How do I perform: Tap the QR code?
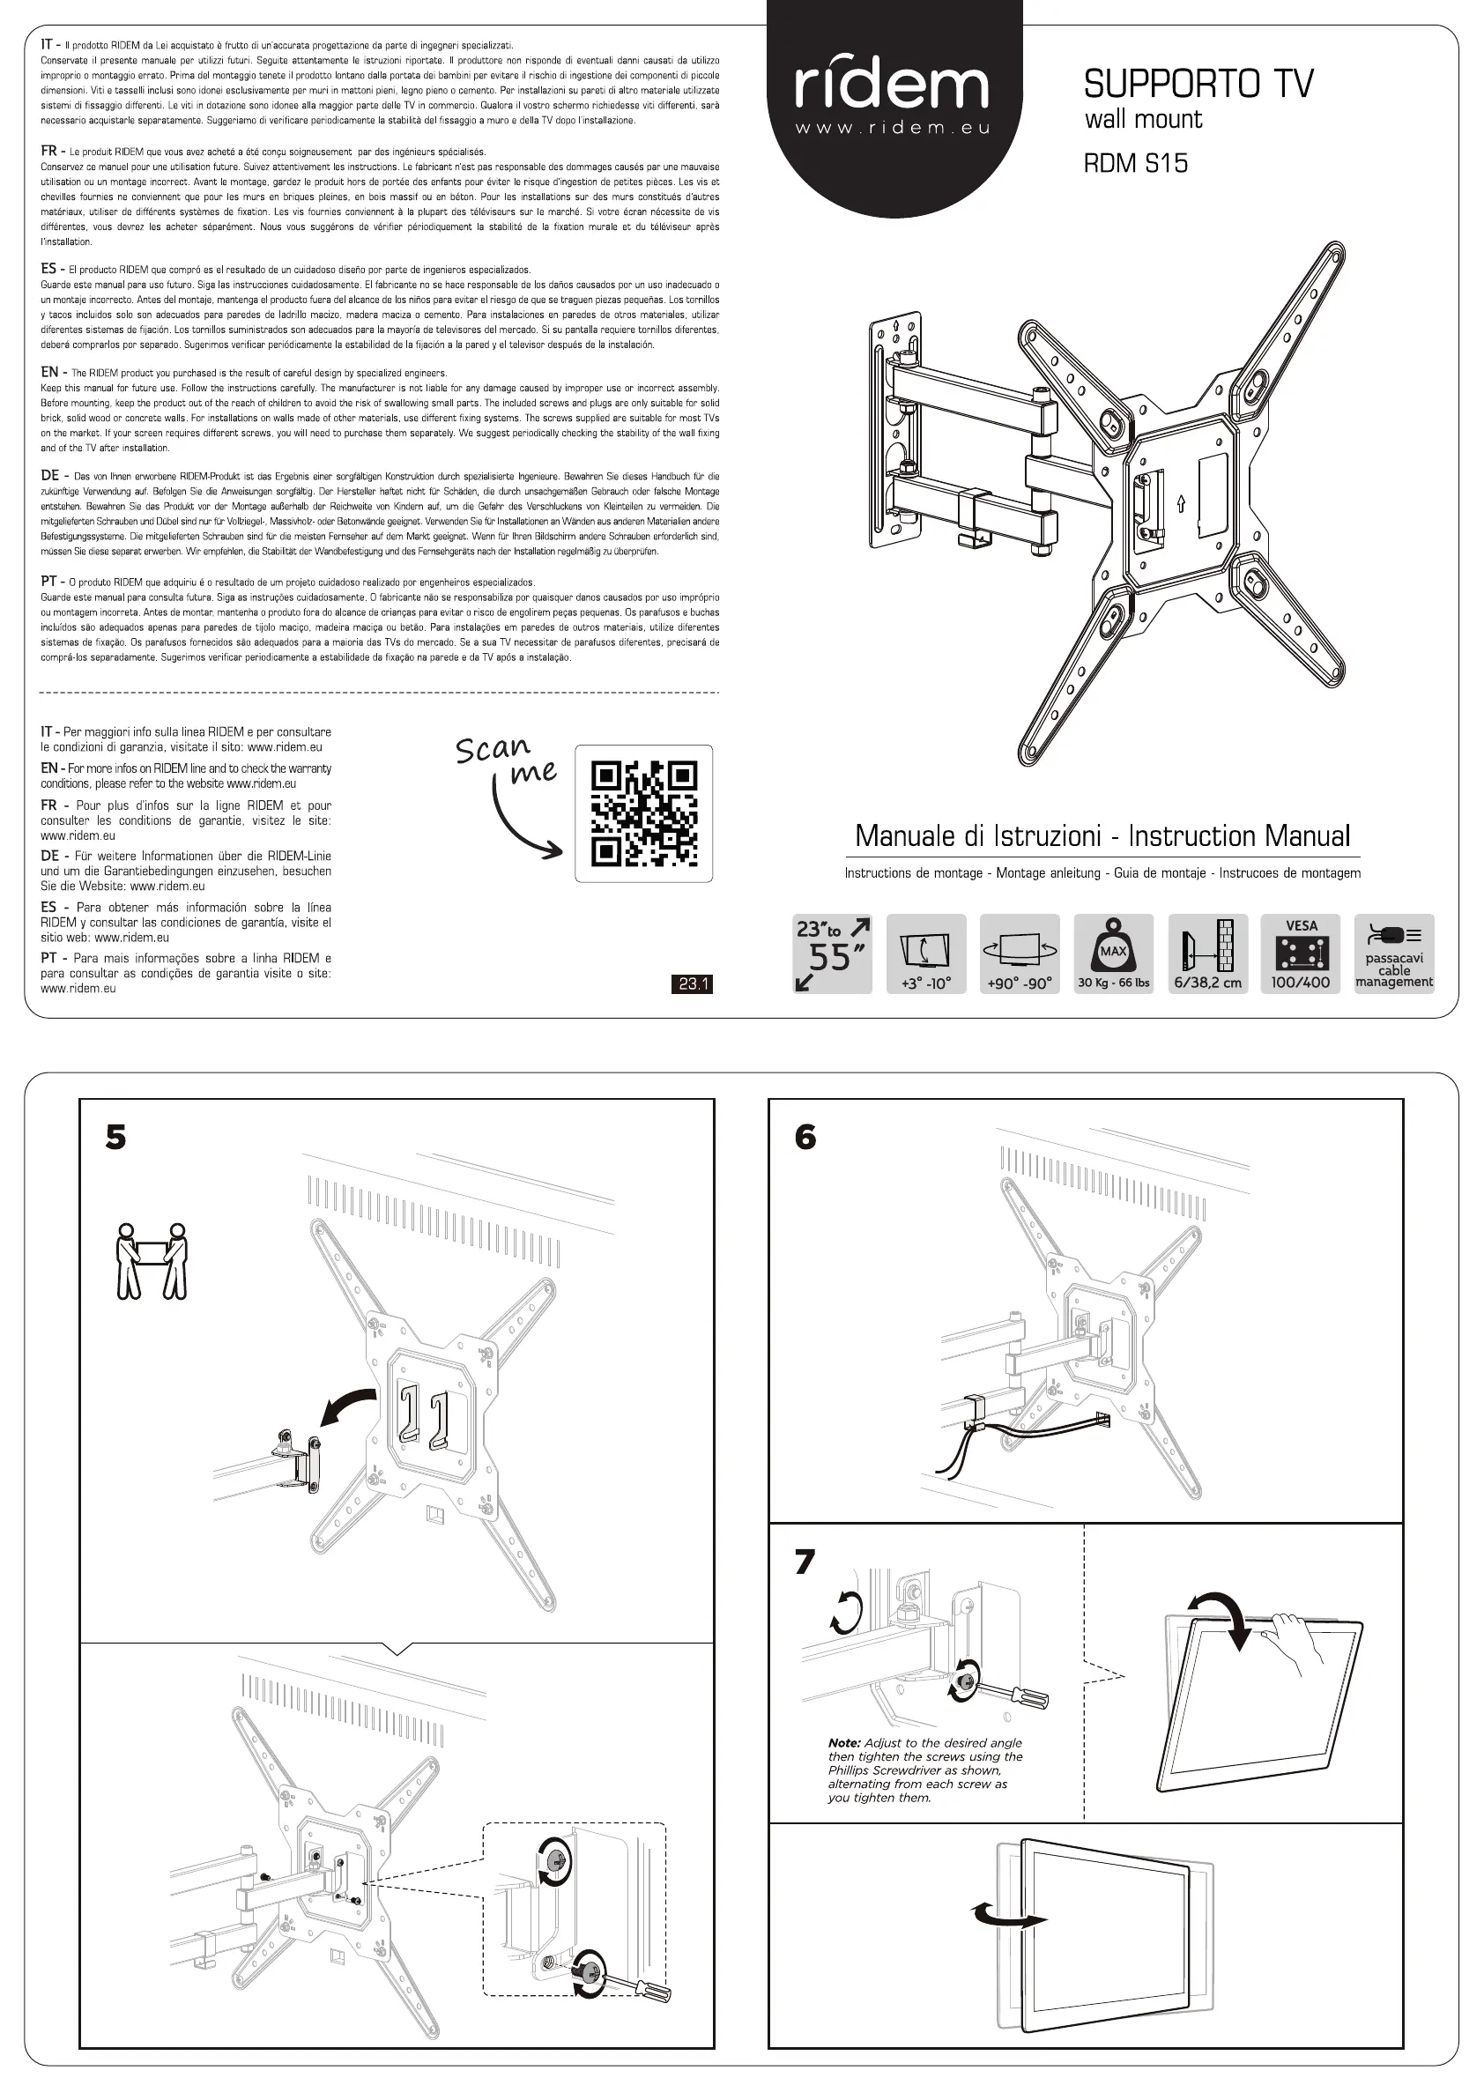click(x=643, y=813)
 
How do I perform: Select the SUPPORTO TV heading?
click(x=1198, y=84)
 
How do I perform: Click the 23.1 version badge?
click(x=693, y=984)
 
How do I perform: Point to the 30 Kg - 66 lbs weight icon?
click(x=1113, y=954)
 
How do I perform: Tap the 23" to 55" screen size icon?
click(x=832, y=954)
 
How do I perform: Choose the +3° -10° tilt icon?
click(x=926, y=954)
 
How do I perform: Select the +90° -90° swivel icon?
click(x=1020, y=954)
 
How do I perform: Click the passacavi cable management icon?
click(x=1394, y=954)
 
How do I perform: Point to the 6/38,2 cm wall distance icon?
click(x=1207, y=954)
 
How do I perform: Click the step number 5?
click(x=116, y=1137)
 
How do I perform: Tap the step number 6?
click(x=805, y=1137)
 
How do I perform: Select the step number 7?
click(x=805, y=1562)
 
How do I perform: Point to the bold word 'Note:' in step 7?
click(x=844, y=1743)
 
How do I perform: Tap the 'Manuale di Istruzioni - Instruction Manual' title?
click(x=1102, y=836)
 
